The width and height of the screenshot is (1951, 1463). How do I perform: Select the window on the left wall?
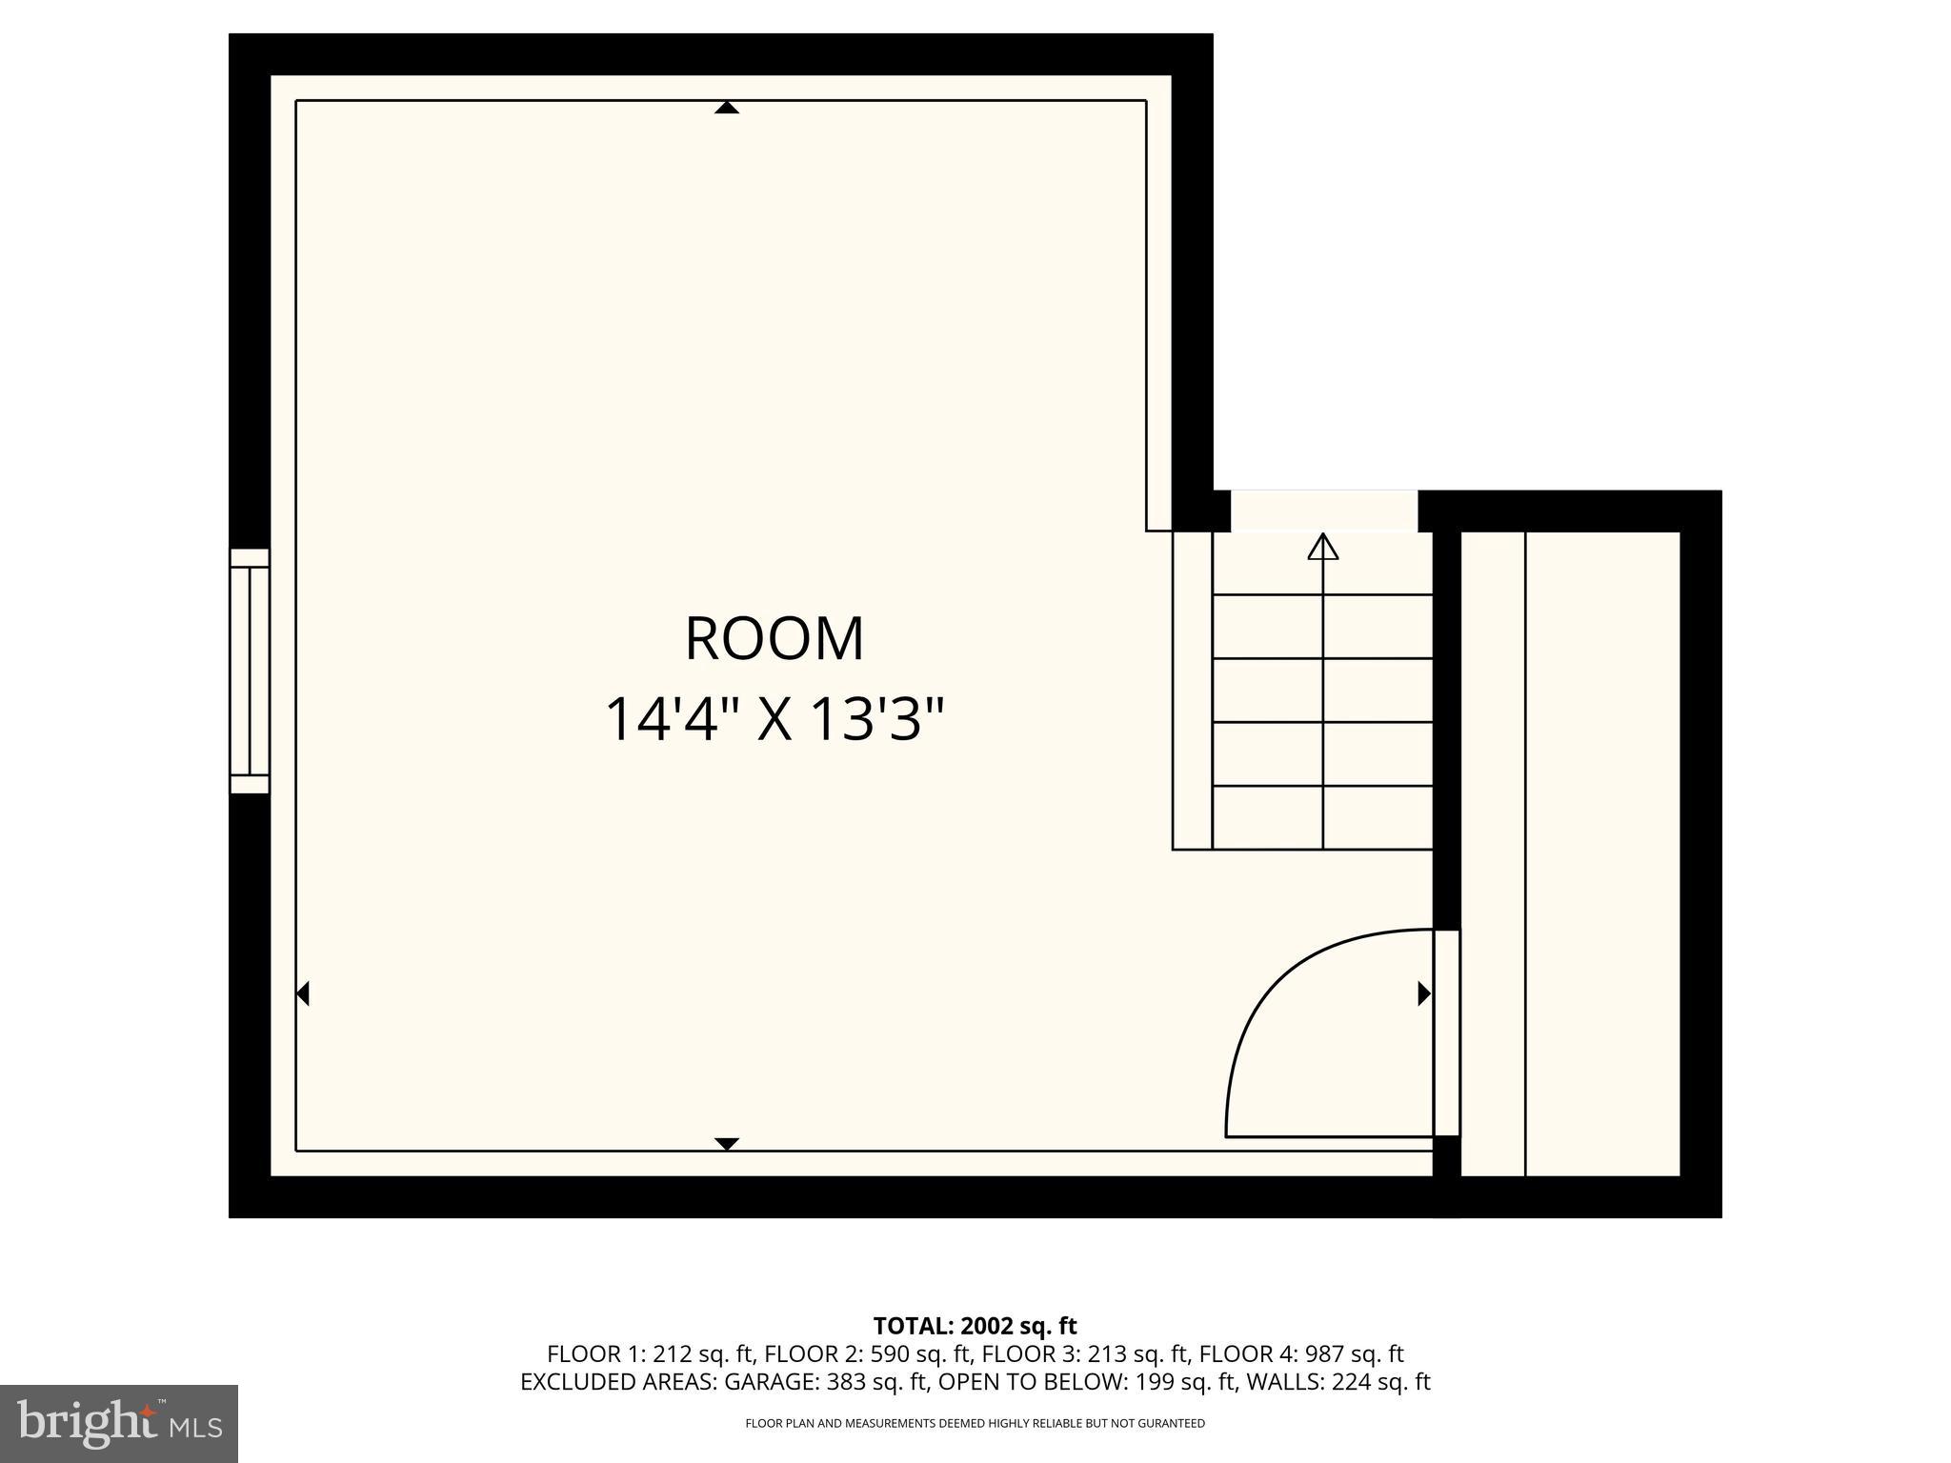(x=250, y=671)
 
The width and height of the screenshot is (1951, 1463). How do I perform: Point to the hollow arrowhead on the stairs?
(x=1322, y=547)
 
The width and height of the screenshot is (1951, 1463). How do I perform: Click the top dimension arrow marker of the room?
(x=727, y=108)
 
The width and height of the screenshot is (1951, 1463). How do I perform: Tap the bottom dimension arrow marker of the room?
(x=727, y=1143)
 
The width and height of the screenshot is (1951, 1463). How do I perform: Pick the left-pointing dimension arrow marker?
(x=303, y=993)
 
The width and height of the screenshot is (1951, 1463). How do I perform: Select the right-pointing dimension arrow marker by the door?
(x=1424, y=993)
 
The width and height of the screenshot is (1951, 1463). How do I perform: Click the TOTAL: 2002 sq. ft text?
(x=975, y=1326)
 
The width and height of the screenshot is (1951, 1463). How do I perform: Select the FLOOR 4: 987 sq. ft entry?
(x=1301, y=1354)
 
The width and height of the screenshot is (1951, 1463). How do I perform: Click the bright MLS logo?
(x=119, y=1423)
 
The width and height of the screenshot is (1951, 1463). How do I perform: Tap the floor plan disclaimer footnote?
(x=975, y=1423)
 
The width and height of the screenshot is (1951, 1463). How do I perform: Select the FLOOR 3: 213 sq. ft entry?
(x=1085, y=1354)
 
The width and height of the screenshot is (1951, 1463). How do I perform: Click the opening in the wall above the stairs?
(x=1324, y=511)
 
